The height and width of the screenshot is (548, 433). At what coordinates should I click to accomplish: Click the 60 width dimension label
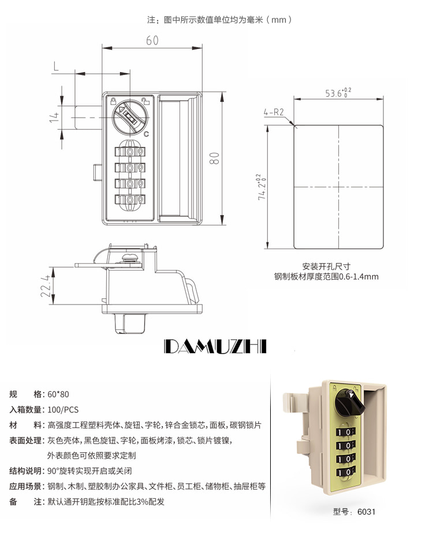point(152,40)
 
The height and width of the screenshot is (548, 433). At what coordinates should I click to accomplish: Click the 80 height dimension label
point(214,158)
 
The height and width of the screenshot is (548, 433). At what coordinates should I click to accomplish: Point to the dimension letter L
point(56,66)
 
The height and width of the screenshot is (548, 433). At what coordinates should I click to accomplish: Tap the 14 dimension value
point(54,117)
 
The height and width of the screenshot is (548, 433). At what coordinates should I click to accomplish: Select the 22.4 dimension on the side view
point(46,286)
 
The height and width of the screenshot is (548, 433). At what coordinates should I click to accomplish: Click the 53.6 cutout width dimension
point(338,93)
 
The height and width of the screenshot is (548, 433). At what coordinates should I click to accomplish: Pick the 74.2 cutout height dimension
point(262,187)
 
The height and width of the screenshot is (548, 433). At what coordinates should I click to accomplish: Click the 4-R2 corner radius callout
point(274,112)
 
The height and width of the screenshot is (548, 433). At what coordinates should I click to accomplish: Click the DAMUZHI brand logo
point(215,346)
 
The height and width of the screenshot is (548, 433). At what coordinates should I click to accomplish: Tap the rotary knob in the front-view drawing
point(130,117)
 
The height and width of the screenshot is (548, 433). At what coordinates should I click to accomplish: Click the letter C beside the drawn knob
point(146,134)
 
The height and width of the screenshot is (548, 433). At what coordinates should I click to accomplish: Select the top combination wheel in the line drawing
point(130,152)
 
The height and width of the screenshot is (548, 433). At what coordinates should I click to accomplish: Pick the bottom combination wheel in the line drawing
point(130,200)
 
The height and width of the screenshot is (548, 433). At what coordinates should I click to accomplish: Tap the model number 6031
point(366,512)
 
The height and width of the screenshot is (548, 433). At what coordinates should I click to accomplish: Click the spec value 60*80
point(58,394)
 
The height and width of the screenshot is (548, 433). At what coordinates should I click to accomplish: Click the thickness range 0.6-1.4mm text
point(359,277)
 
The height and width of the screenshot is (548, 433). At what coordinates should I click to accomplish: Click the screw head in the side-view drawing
point(130,258)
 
